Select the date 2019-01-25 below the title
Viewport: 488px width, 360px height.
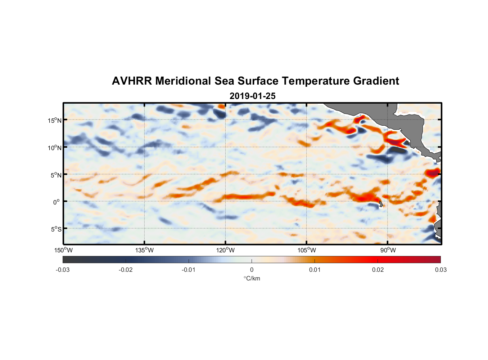[x=252, y=96]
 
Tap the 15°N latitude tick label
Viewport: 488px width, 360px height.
[x=55, y=120]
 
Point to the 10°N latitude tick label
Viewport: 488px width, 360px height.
[x=55, y=148]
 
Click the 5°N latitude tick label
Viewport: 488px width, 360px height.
[x=56, y=175]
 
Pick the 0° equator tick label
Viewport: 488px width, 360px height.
[x=56, y=202]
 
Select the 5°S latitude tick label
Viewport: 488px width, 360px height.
[x=56, y=229]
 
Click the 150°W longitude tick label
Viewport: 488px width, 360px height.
[x=63, y=250]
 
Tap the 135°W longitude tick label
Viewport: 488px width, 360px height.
[x=144, y=250]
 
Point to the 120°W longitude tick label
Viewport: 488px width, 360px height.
[x=225, y=250]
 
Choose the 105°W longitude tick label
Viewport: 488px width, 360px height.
[x=307, y=250]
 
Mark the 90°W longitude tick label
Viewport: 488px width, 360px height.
[x=388, y=250]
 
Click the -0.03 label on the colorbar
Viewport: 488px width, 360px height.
[x=63, y=270]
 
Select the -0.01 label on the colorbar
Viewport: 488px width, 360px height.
[x=189, y=270]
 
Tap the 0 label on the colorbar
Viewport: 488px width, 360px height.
[x=252, y=270]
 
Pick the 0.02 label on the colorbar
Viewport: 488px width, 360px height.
[x=378, y=270]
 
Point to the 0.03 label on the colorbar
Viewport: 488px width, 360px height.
[x=440, y=270]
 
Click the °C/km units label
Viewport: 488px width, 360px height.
[x=252, y=278]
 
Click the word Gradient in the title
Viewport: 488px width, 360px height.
[x=376, y=81]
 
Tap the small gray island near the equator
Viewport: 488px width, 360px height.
[x=381, y=204]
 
